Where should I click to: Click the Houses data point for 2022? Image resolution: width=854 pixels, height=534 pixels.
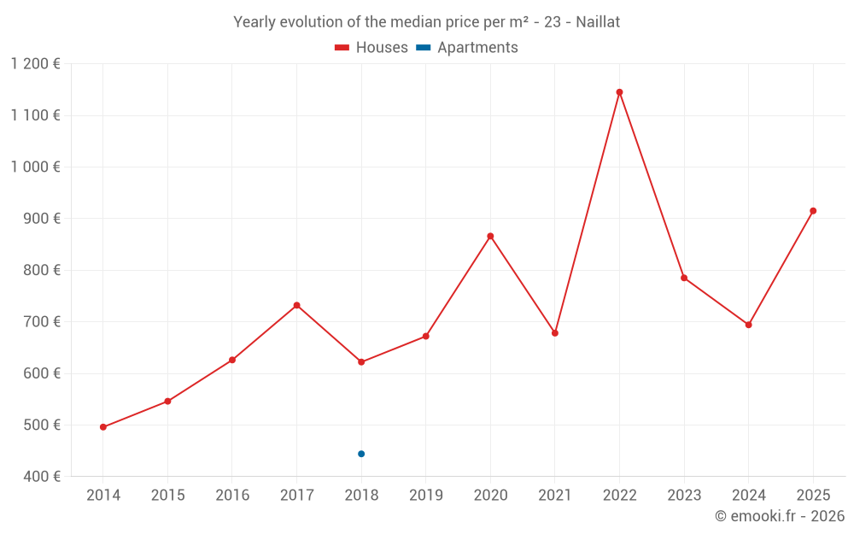click(619, 92)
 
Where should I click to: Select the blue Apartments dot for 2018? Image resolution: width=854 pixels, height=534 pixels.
click(361, 454)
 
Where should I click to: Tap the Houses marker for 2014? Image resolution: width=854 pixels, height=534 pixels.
click(103, 427)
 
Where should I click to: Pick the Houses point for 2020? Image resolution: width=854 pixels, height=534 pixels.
click(490, 236)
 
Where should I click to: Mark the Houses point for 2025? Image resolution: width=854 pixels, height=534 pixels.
click(813, 211)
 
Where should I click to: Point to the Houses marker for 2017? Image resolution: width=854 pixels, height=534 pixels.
click(296, 305)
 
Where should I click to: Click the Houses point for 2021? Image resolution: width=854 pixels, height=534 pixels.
click(555, 333)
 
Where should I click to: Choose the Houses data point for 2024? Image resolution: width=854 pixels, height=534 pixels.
click(748, 325)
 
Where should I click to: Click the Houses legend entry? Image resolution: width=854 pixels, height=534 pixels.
click(371, 48)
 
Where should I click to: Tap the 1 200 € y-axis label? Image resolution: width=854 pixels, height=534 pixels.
click(35, 64)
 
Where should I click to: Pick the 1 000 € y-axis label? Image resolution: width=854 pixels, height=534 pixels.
click(35, 167)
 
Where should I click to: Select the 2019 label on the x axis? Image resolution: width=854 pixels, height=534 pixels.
click(425, 496)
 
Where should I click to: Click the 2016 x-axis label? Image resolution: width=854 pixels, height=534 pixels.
click(232, 496)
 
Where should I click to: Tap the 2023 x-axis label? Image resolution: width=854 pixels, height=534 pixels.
click(684, 496)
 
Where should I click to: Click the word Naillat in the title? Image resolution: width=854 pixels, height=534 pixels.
click(598, 22)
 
